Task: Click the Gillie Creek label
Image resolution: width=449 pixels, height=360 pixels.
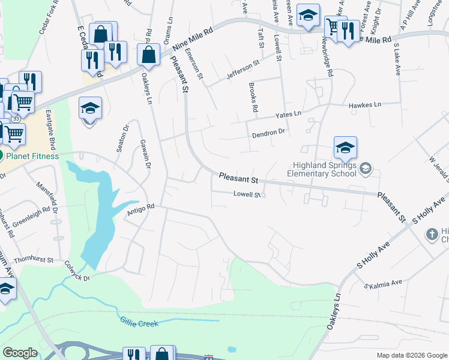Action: (139, 323)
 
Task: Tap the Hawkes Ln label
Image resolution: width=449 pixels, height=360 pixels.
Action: (365, 104)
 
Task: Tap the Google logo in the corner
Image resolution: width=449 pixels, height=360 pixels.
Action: (20, 353)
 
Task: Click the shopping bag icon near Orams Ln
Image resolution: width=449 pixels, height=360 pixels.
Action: (148, 55)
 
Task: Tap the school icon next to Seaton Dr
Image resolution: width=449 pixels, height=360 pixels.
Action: (90, 109)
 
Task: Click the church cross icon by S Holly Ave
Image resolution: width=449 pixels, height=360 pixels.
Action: (432, 234)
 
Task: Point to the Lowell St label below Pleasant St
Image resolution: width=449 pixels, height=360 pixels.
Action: (247, 194)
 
